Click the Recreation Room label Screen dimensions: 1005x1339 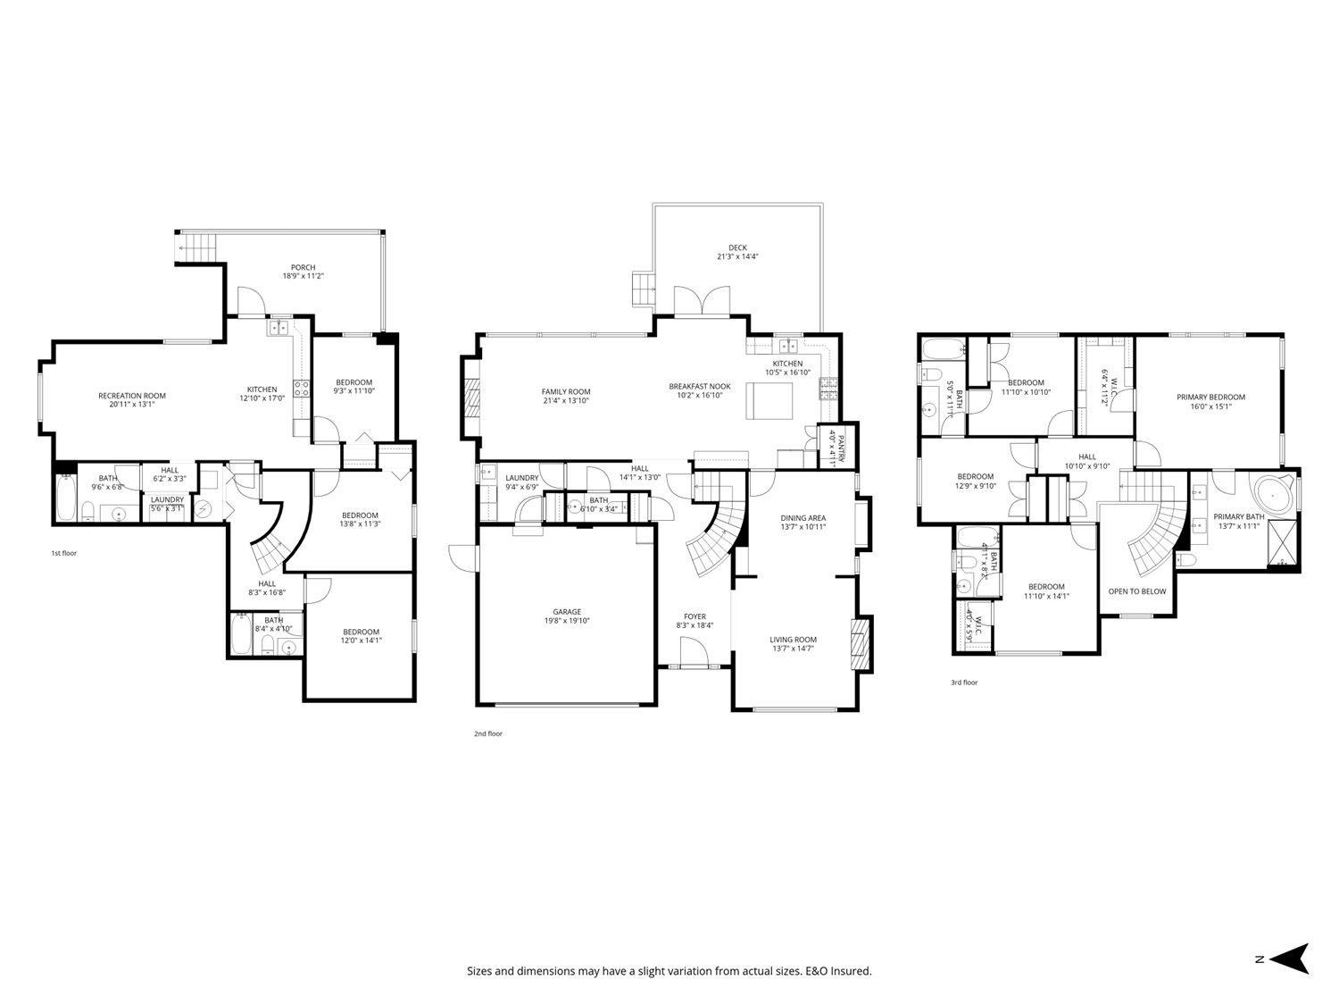[x=131, y=396]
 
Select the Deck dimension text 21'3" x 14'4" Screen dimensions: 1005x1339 [x=737, y=257]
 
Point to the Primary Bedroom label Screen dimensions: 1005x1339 [x=1210, y=398]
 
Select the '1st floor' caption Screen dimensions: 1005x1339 [x=63, y=554]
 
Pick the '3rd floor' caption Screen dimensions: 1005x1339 [x=963, y=683]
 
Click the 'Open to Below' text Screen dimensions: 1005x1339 [x=1136, y=591]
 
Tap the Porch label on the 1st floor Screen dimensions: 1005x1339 [x=303, y=267]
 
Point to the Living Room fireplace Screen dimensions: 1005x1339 [x=861, y=642]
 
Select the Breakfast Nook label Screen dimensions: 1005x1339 [x=700, y=387]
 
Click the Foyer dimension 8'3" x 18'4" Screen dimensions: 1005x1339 [x=694, y=626]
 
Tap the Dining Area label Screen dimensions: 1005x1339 [x=803, y=517]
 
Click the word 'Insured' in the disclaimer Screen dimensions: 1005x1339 [x=849, y=971]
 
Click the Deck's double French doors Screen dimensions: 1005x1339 [x=700, y=303]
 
